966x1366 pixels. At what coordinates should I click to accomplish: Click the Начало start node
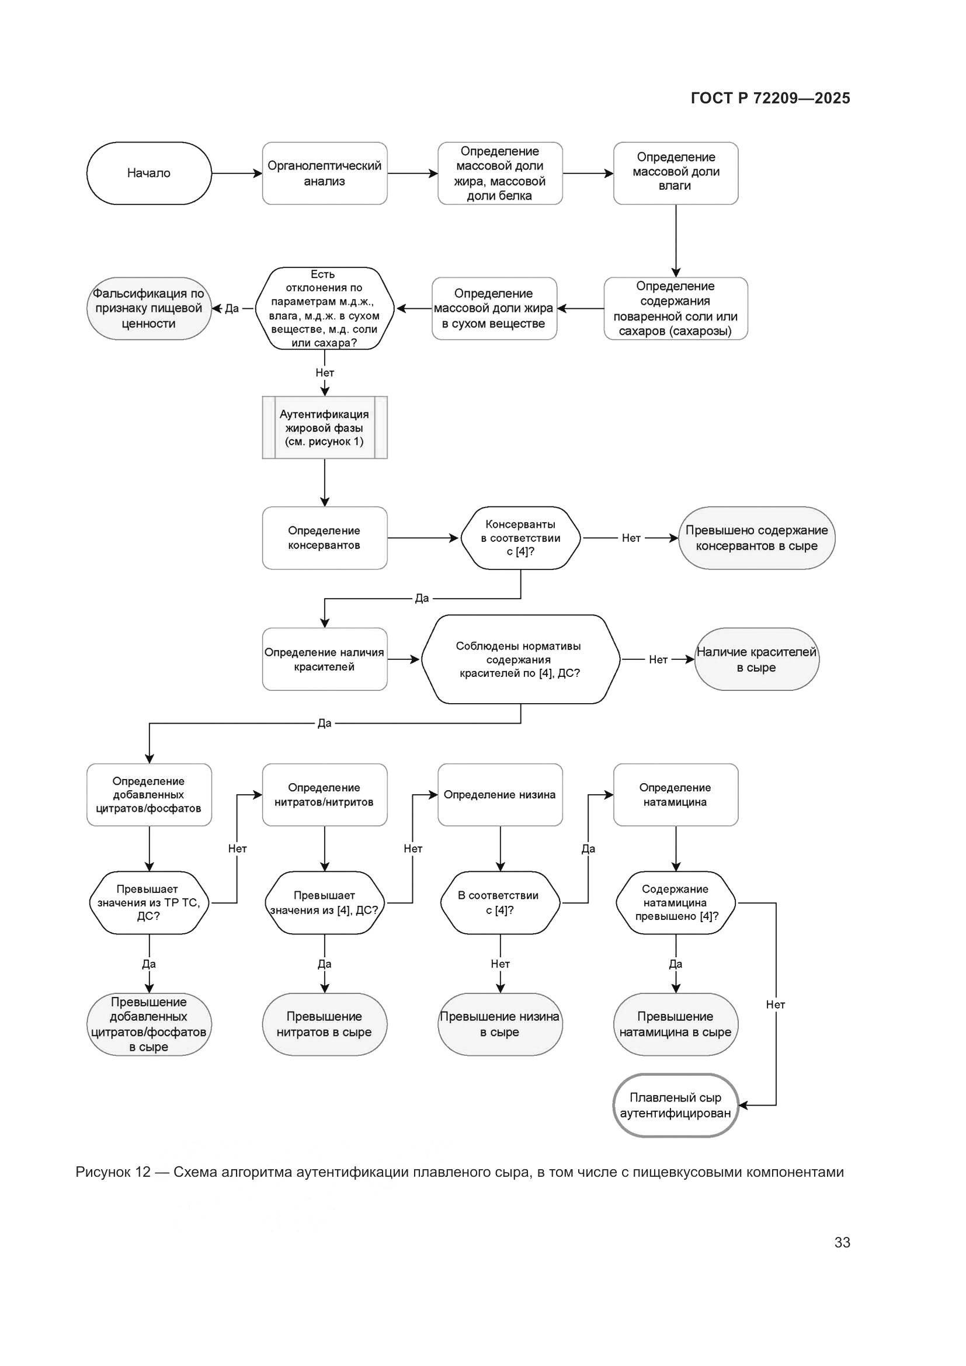[149, 173]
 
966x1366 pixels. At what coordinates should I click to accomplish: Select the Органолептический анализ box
[324, 173]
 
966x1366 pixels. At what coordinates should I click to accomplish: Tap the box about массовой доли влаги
[676, 173]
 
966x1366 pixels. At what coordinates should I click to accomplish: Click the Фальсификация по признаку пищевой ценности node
[149, 308]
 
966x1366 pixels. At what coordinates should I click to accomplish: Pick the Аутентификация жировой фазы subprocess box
[324, 427]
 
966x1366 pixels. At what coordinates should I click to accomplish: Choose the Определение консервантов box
[324, 538]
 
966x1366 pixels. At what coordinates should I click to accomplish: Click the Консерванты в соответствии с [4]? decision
[520, 538]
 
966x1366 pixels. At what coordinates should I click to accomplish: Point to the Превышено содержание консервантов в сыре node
[756, 538]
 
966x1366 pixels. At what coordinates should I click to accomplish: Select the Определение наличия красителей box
[324, 659]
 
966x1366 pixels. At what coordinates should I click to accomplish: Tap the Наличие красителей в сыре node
[756, 659]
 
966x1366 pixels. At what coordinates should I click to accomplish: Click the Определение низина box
[500, 795]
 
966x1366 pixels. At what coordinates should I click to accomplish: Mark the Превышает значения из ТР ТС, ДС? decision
[149, 902]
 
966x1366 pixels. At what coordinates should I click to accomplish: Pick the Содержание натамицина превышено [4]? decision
[676, 902]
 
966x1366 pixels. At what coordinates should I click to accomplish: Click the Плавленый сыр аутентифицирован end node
[676, 1106]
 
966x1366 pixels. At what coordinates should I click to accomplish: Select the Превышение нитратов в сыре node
[324, 1024]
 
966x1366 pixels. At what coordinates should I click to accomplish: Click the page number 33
[842, 1242]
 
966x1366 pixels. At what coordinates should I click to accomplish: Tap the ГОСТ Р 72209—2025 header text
[770, 98]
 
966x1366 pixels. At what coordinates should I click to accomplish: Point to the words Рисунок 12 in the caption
[113, 1172]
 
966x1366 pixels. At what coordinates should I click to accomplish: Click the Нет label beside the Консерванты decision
[631, 538]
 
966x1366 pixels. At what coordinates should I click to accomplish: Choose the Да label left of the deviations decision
[232, 308]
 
